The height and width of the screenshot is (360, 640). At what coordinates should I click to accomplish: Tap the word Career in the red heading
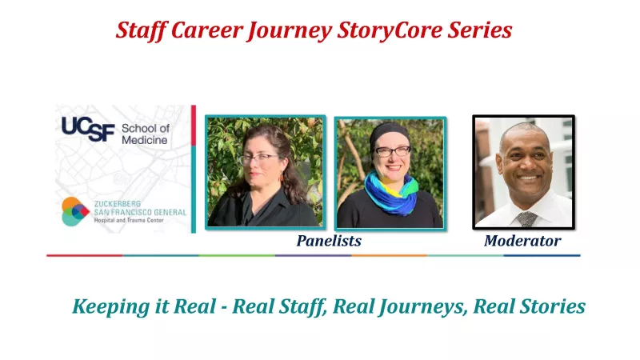click(x=206, y=30)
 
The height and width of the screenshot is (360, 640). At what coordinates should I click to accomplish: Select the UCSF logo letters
click(x=88, y=129)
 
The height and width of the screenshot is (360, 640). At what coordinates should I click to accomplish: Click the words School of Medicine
click(x=146, y=134)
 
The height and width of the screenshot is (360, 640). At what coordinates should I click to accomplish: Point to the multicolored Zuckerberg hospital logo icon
click(x=75, y=211)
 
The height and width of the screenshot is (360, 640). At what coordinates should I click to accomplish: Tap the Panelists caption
click(x=329, y=241)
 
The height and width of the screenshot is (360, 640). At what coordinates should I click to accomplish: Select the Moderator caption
click(x=522, y=241)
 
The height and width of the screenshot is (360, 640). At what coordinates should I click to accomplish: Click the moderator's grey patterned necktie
click(x=526, y=219)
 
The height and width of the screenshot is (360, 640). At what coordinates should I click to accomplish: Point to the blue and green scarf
click(x=390, y=192)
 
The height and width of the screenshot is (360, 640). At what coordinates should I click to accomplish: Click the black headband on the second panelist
click(x=390, y=134)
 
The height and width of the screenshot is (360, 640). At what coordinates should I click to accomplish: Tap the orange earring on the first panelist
click(x=282, y=178)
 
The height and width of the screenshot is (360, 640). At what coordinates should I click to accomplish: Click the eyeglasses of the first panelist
click(x=258, y=158)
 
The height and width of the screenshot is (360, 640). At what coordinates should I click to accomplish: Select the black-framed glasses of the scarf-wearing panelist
click(x=392, y=152)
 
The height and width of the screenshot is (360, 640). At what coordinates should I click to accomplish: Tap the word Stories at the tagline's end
click(x=552, y=306)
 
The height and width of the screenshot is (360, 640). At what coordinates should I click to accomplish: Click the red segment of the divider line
click(x=85, y=255)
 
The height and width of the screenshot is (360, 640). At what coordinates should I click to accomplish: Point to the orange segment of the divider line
click(x=390, y=255)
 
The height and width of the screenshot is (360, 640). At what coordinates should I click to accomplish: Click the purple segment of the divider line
click(x=313, y=255)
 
